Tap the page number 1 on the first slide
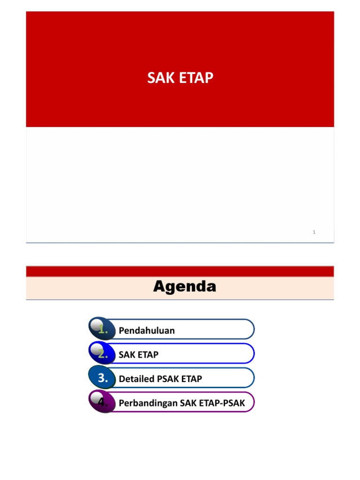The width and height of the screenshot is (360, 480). pos(314,232)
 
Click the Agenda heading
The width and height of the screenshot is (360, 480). pos(185,286)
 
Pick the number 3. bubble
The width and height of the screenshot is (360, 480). pos(103,378)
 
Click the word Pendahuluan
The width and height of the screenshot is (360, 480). pos(147,330)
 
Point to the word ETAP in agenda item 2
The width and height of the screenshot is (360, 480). pos(149,355)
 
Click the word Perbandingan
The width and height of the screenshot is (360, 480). pos(148,404)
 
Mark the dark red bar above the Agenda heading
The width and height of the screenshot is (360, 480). pos(180,271)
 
